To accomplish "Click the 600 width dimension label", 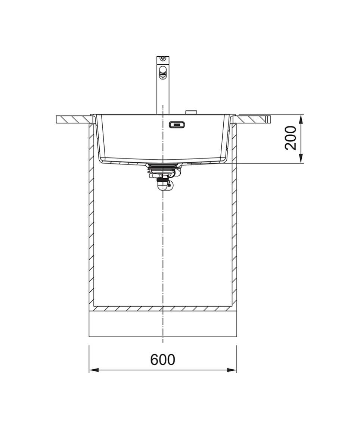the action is coord(162,360).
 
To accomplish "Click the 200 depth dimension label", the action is coord(291,138).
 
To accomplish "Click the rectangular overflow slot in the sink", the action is coord(177,125).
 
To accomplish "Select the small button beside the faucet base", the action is coord(191,112).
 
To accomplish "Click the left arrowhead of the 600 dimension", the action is coord(94,370).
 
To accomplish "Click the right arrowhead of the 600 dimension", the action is coord(232,370).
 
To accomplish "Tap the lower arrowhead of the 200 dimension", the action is coord(301,159).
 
